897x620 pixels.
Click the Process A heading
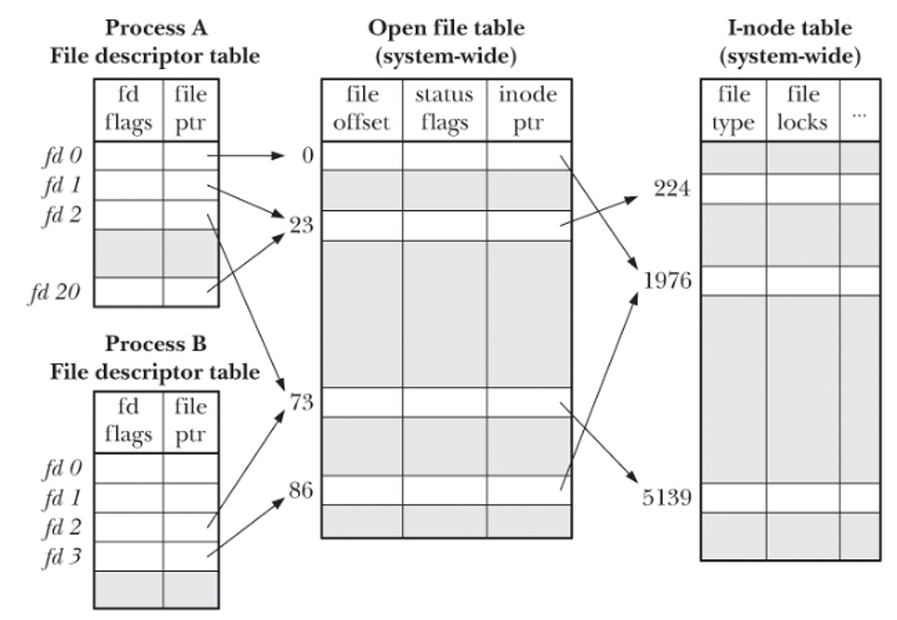point(155,28)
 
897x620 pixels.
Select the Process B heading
point(155,344)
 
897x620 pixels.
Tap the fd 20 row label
point(54,291)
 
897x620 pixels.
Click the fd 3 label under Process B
point(62,557)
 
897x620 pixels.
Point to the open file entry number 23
point(301,225)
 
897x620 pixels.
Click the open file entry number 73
point(301,402)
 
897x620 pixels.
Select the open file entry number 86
point(301,490)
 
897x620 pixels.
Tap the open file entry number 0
point(307,156)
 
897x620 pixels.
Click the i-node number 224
point(671,188)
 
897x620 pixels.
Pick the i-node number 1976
point(667,281)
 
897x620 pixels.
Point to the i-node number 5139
point(666,497)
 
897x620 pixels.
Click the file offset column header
point(361,109)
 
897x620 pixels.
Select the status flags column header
point(444,109)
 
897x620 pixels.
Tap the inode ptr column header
point(528,109)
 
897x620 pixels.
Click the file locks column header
point(803,109)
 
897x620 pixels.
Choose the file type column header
point(733,109)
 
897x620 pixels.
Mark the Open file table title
point(446,41)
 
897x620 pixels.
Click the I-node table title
point(790,41)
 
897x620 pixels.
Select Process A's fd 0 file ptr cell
point(190,156)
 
